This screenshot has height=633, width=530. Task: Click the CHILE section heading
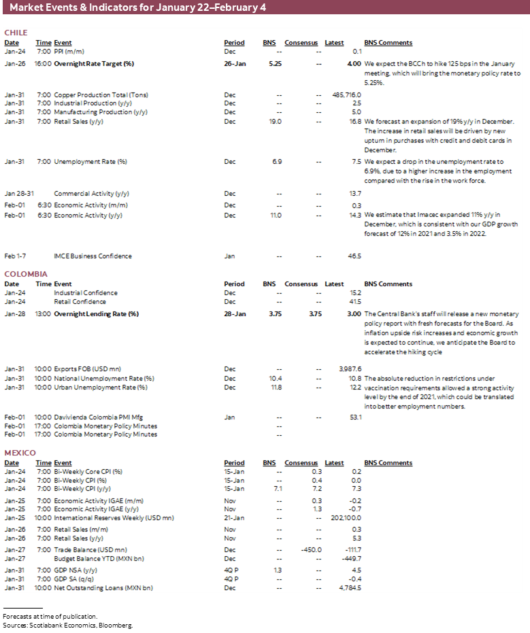tap(15, 33)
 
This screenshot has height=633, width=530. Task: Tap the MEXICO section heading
tap(20, 453)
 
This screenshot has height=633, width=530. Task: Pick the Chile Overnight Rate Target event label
tap(94, 63)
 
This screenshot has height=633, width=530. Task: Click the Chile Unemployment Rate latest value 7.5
tap(355, 162)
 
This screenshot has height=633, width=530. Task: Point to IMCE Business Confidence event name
tap(93, 256)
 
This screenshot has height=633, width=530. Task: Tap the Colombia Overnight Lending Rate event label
tap(96, 314)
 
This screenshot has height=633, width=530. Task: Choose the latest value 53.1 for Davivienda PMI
tap(355, 417)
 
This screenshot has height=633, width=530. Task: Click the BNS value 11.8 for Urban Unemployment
tap(275, 388)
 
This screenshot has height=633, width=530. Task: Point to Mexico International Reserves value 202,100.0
tap(346, 517)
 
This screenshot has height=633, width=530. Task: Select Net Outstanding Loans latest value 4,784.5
tap(348, 587)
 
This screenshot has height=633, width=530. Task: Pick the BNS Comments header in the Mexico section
tap(388, 463)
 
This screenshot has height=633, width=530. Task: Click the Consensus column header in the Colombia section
tap(301, 284)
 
